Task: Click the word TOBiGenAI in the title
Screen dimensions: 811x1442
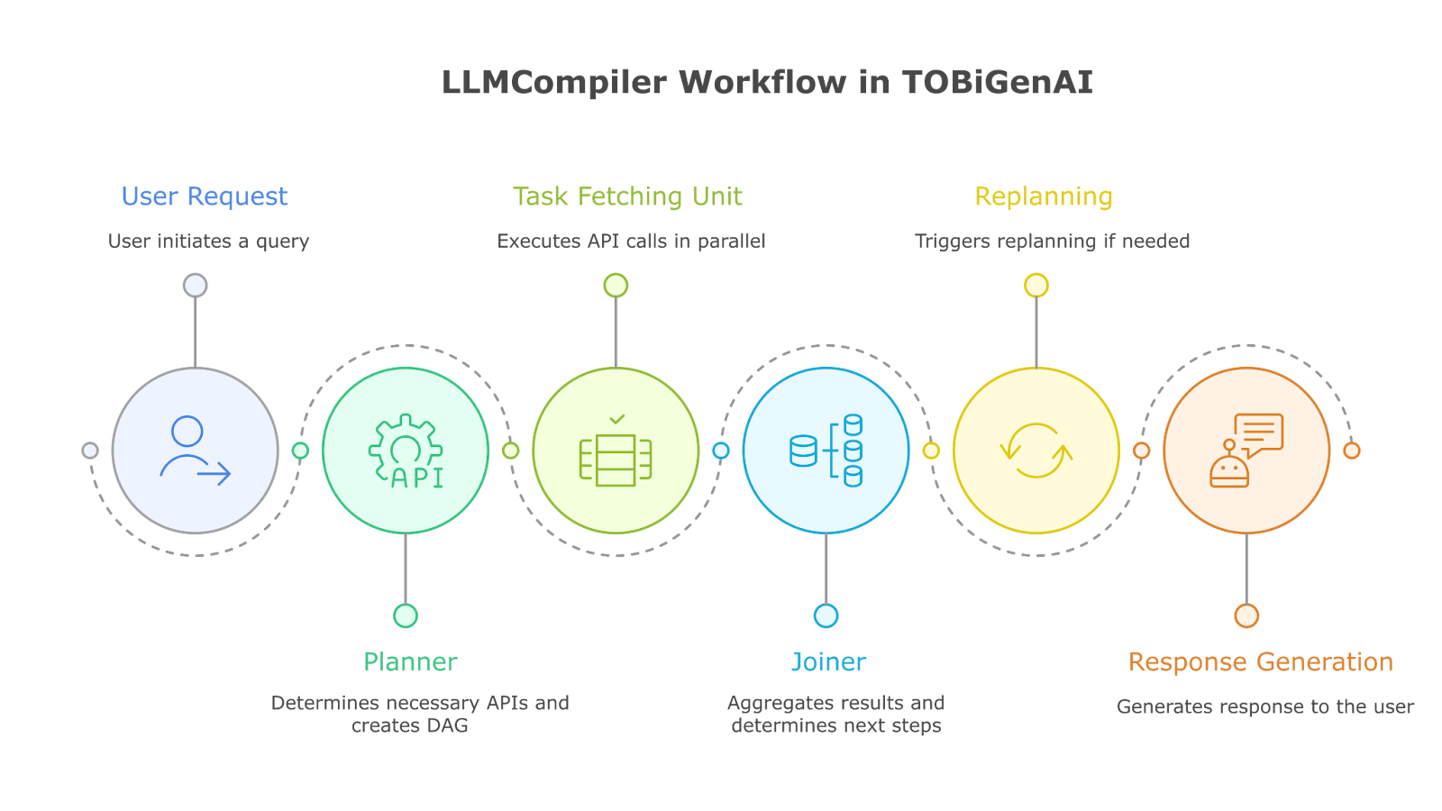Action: tap(997, 83)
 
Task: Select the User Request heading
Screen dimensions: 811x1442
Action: tap(205, 196)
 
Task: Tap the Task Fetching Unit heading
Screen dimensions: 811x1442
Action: tap(627, 196)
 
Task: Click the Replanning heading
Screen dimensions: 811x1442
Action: tap(1044, 196)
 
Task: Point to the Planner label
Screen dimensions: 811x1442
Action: tap(410, 662)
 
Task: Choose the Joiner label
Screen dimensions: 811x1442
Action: tap(828, 662)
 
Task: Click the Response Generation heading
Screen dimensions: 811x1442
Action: tap(1260, 662)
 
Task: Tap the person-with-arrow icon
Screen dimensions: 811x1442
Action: tap(195, 451)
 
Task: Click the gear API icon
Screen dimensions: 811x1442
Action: tap(406, 451)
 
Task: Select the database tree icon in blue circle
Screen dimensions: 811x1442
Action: tap(826, 451)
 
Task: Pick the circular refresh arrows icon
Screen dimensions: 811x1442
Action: tap(1036, 451)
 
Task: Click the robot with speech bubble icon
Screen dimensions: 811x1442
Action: tap(1246, 451)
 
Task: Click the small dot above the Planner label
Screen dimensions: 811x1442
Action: tap(406, 615)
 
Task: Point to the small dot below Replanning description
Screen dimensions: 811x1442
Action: tap(1036, 286)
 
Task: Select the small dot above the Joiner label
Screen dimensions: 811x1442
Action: tap(826, 615)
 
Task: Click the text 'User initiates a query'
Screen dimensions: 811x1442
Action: tap(208, 241)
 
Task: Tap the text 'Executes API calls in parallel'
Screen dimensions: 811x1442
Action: tap(631, 241)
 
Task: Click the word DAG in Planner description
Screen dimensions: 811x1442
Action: tap(448, 726)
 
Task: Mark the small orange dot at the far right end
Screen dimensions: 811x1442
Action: tap(1352, 451)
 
